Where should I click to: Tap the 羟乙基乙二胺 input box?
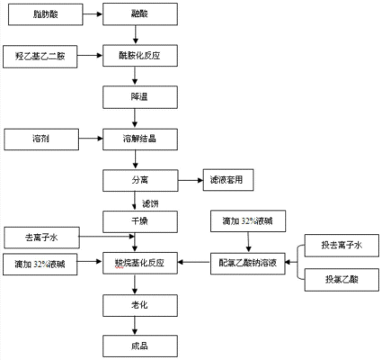pyautogui.click(x=40, y=56)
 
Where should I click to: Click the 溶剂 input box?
pyautogui.click(x=41, y=139)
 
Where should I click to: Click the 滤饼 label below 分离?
pyautogui.click(x=149, y=201)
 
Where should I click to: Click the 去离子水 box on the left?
pyautogui.click(x=41, y=238)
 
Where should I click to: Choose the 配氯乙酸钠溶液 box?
pyautogui.click(x=247, y=263)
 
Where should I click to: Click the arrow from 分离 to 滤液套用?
pyautogui.click(x=183, y=180)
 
